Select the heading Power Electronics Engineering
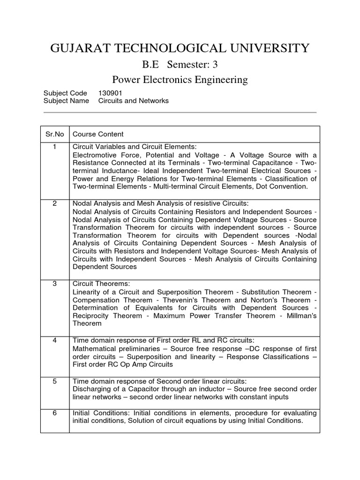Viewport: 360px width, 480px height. (x=180, y=80)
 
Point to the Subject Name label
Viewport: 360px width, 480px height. (x=66, y=101)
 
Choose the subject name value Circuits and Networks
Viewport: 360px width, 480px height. (x=133, y=101)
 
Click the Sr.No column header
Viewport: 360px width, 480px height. (x=54, y=134)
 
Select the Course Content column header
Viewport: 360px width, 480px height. (x=98, y=134)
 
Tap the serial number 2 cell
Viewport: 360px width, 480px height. (x=54, y=203)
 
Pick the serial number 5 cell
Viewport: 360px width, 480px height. (x=54, y=381)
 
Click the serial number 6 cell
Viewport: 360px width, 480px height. (x=54, y=412)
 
